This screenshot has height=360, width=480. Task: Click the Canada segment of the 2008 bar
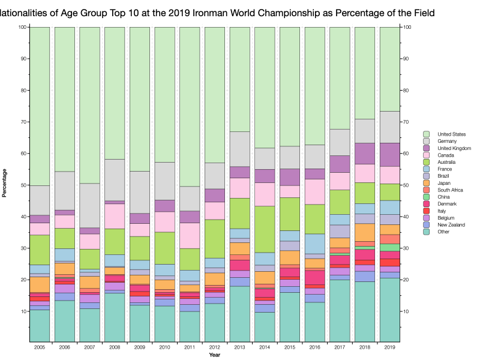click(x=115, y=216)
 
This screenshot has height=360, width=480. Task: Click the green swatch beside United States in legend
click(x=426, y=134)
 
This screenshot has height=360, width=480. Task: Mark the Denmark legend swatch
click(x=426, y=203)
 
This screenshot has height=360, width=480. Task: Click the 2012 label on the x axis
click(x=215, y=347)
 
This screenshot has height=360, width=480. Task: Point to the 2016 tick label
click(x=314, y=347)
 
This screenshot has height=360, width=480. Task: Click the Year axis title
click(x=215, y=355)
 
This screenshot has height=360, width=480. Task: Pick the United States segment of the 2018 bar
click(x=365, y=73)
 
